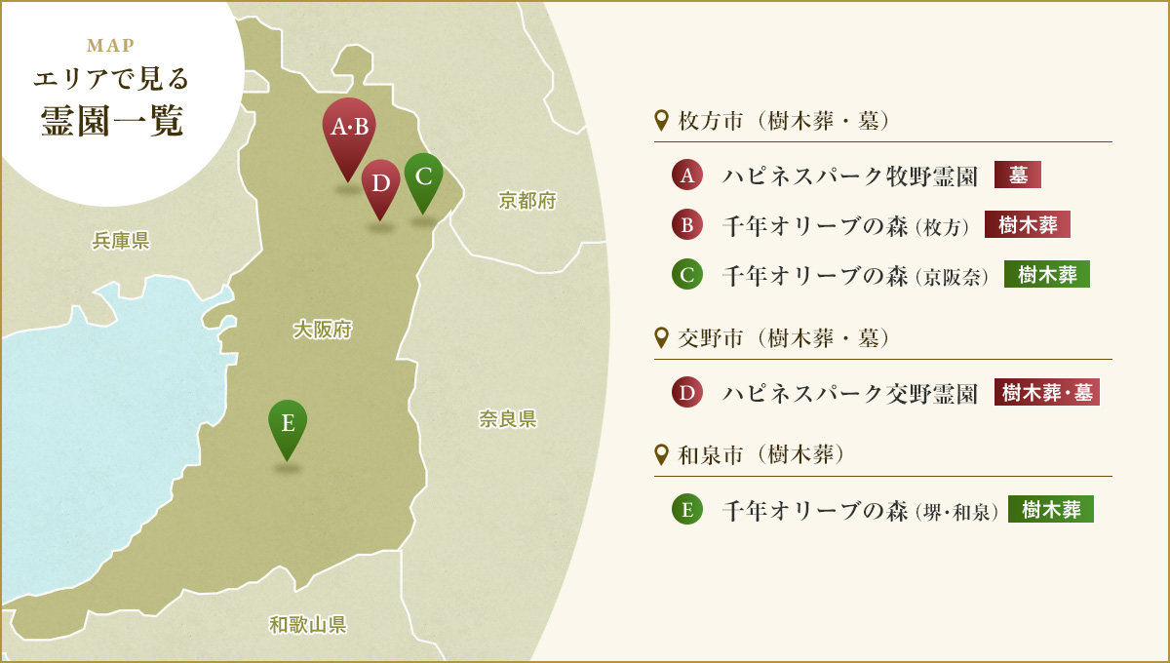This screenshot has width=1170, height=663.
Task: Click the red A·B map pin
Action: (349, 129)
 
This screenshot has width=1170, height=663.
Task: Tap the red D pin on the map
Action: (381, 183)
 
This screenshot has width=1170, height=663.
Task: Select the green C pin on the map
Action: (423, 177)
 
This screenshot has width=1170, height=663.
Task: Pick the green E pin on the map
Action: (288, 424)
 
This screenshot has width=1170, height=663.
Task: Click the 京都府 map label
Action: (526, 201)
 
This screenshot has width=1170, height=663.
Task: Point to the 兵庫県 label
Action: (120, 241)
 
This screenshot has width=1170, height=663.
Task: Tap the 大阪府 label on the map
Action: (322, 331)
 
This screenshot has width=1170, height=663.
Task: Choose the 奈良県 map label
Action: (507, 419)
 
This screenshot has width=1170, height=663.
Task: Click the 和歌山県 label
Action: (308, 624)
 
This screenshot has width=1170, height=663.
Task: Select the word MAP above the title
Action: (110, 45)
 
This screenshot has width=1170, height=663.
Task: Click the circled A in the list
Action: (687, 175)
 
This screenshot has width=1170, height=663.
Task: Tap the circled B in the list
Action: (687, 225)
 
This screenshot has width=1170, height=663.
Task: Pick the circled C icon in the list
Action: (687, 275)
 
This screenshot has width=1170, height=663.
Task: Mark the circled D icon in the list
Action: (687, 393)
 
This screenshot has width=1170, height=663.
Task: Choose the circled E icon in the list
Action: (687, 510)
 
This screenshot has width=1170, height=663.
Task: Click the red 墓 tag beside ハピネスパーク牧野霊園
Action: (1018, 175)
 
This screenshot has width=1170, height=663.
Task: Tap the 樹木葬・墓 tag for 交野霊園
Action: (1047, 393)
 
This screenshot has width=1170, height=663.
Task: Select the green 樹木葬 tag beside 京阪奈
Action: (1047, 275)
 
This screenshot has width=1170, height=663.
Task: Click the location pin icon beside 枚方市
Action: (662, 121)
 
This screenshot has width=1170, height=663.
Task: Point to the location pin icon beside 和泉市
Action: (662, 453)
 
